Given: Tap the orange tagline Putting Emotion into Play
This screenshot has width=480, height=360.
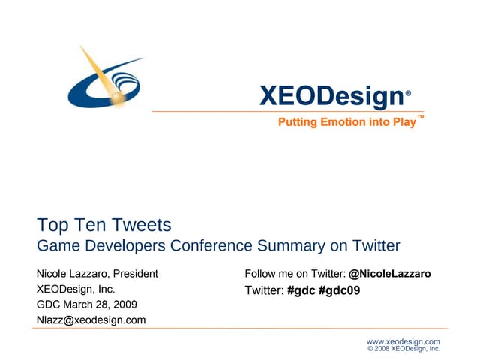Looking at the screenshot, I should pos(346,122).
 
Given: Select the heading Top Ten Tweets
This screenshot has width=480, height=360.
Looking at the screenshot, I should pos(104,224).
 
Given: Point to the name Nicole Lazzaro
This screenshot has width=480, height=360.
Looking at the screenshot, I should pos(74,274).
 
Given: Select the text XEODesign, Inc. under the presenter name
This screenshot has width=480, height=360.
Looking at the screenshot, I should pos(76,289).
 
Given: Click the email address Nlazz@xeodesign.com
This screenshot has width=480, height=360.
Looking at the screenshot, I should pos(91,320).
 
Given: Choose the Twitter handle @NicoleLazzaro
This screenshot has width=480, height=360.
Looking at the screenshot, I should pos(390,274).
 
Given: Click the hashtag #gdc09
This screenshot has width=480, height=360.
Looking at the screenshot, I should pos(339,290).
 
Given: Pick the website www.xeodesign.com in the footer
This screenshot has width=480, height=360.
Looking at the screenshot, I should pos(403,341).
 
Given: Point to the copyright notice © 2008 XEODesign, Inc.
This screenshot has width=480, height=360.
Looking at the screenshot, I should pos(403,349).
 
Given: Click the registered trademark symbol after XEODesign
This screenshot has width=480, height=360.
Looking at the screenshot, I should pos(408,93).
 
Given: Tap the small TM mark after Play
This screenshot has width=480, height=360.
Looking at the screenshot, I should pos(421,118).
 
